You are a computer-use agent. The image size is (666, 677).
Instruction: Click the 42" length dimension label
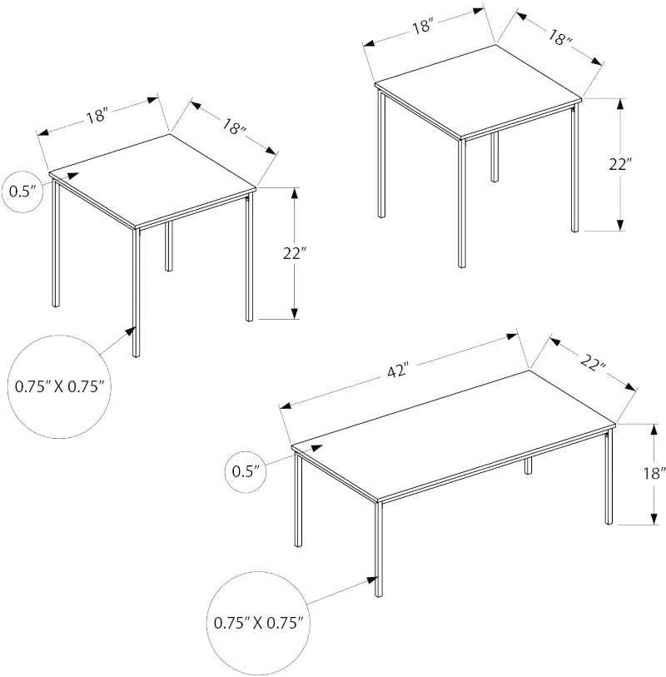398,370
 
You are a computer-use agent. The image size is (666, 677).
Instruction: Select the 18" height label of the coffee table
653,474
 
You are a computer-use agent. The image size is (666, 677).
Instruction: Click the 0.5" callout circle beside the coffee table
246,471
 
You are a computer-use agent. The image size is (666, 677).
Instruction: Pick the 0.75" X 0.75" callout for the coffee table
258,623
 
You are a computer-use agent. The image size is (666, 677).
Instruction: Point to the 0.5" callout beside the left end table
22,192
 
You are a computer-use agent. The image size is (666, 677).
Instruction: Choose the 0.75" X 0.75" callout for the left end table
60,386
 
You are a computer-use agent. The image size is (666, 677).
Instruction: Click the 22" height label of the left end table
295,253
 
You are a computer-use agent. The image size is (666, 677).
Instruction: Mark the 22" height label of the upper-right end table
620,165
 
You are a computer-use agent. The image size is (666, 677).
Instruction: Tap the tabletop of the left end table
152,181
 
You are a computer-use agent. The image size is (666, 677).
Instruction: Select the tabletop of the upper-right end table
478,92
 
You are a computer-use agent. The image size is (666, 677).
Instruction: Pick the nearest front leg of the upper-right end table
462,203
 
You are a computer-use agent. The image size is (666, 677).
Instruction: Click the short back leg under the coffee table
529,466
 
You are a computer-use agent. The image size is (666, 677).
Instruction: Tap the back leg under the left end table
169,246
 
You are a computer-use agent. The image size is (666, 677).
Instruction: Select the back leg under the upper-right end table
495,157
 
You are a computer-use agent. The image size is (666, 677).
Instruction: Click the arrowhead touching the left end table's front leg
131,331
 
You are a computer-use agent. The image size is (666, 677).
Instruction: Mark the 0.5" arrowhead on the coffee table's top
317,448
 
